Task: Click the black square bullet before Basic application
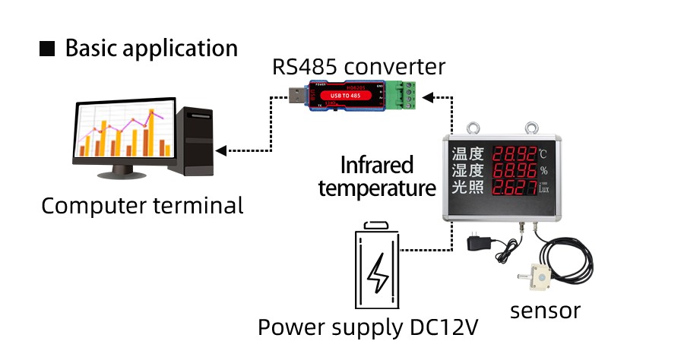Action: coord(47,49)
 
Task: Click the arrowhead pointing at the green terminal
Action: coord(429,97)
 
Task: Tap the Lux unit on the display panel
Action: coord(543,190)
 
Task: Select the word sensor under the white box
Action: coord(545,310)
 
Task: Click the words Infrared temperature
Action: coord(377,176)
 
